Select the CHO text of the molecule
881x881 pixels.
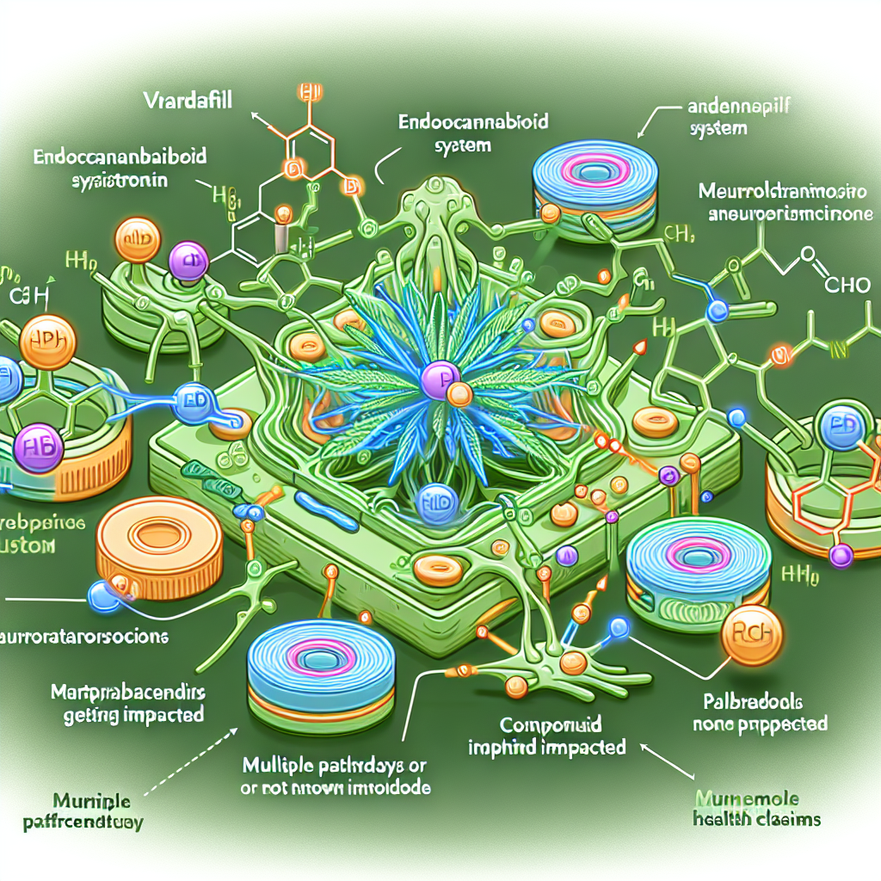(847, 286)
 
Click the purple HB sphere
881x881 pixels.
(37, 445)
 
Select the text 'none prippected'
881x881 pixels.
(761, 724)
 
